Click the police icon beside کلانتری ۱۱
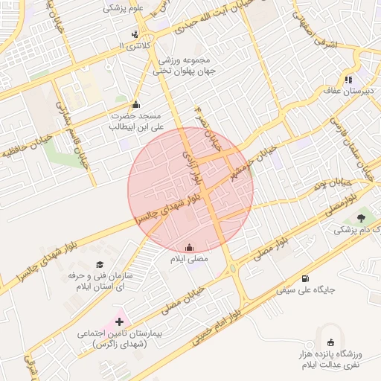click(x=135, y=33)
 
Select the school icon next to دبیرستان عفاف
click(x=348, y=80)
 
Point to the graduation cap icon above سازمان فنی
click(x=100, y=264)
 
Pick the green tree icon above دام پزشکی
click(x=362, y=218)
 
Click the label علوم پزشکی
click(x=127, y=8)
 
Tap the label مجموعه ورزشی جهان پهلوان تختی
click(x=183, y=66)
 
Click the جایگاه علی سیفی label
click(x=305, y=289)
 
